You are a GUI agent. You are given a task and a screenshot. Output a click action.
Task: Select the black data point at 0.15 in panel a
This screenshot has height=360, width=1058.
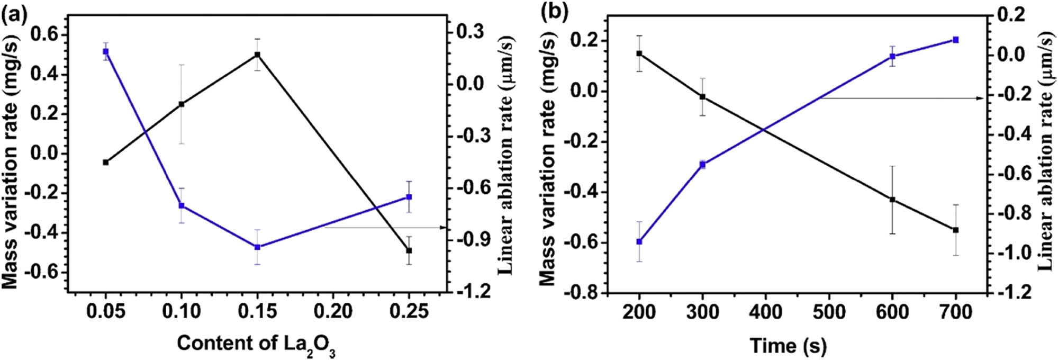pyautogui.click(x=257, y=55)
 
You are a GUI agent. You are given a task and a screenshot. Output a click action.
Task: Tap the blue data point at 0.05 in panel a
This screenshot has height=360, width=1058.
pyautogui.click(x=106, y=51)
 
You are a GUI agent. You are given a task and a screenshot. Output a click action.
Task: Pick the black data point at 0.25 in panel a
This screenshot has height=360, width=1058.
pyautogui.click(x=409, y=250)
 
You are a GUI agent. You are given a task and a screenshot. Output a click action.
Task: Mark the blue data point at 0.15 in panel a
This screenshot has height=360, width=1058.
pyautogui.click(x=257, y=247)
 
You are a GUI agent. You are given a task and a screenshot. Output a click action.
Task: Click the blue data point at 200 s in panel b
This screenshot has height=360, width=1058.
pyautogui.click(x=639, y=241)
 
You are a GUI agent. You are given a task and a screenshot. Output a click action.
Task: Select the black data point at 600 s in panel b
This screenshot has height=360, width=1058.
pyautogui.click(x=892, y=200)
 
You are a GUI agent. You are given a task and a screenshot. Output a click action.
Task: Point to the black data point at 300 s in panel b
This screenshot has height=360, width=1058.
pyautogui.click(x=702, y=97)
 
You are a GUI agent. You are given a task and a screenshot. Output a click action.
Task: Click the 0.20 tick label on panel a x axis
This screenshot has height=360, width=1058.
pyautogui.click(x=333, y=311)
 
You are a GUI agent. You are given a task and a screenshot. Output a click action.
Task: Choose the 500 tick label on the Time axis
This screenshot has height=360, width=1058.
pyautogui.click(x=829, y=312)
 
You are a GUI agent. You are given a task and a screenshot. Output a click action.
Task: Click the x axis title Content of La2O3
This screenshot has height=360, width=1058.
pyautogui.click(x=256, y=344)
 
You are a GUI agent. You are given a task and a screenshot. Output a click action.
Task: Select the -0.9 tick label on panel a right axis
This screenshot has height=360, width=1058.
pyautogui.click(x=475, y=240)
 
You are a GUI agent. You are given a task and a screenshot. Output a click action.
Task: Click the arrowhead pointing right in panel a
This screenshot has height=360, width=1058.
pyautogui.click(x=445, y=228)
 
